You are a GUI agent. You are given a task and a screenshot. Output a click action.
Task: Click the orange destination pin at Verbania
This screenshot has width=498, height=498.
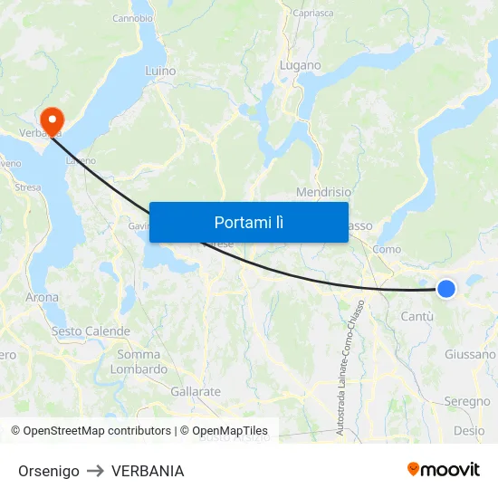52,119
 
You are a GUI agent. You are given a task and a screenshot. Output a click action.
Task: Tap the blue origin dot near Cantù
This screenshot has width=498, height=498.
446,289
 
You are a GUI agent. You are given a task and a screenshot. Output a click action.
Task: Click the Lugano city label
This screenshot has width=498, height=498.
301,65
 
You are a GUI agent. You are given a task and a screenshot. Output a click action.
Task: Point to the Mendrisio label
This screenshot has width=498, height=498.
323,192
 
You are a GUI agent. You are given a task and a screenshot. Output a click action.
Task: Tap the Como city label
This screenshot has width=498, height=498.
387,249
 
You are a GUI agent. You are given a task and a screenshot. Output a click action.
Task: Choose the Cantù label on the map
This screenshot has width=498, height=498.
417,316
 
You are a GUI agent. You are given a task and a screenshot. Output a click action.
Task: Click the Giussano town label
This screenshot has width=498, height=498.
470,355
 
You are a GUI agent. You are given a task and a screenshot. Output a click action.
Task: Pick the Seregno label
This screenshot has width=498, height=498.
466,401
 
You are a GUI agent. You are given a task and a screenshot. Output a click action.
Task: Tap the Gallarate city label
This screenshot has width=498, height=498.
196,392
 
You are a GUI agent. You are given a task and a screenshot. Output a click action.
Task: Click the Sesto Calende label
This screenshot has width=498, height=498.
91,331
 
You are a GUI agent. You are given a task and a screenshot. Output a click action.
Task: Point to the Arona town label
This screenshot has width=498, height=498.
42,297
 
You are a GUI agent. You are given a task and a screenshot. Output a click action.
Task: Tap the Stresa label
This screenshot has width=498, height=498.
28,187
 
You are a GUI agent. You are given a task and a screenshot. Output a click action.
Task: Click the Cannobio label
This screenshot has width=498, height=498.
132,18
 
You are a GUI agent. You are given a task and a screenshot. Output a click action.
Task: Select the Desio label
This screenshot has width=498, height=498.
469,431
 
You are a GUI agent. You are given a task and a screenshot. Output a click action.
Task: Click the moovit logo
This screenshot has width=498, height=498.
443,470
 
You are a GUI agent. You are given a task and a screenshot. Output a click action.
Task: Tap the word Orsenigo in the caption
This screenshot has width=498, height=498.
49,471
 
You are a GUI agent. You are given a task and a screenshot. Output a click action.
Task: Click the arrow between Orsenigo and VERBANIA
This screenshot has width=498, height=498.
95,471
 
